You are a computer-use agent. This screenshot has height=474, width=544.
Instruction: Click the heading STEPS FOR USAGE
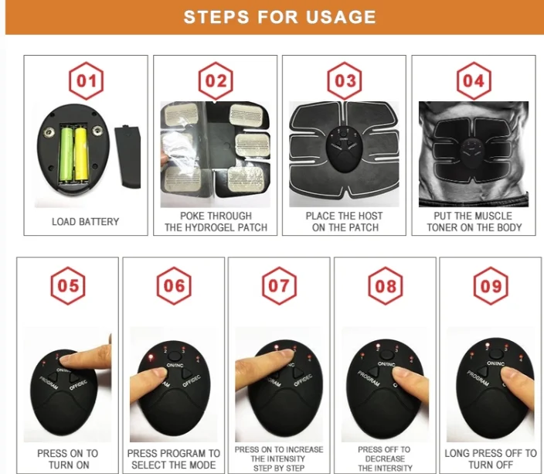[x=280, y=17]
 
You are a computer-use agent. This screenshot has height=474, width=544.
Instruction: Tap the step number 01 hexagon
[x=86, y=81]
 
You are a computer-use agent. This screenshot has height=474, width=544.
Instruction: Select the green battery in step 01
[x=66, y=155]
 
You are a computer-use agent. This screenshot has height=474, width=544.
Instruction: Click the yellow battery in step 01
[x=81, y=154]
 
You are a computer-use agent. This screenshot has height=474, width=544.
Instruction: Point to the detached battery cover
[x=128, y=157]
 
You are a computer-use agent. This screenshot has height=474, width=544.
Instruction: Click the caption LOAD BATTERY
[x=85, y=222]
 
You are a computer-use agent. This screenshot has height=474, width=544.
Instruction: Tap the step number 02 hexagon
[x=216, y=81]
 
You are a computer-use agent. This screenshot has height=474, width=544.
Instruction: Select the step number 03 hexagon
[x=345, y=81]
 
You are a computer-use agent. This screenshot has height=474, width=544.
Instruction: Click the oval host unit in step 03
[x=344, y=149]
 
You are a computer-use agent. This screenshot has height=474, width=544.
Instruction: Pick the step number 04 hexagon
[x=474, y=81]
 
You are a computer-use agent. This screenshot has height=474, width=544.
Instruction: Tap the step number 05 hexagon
[x=68, y=286]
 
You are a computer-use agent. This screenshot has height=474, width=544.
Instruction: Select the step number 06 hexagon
[x=174, y=286]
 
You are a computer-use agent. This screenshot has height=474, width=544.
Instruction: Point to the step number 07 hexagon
[x=279, y=286]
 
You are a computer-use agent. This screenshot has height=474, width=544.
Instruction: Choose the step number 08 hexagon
[x=386, y=286]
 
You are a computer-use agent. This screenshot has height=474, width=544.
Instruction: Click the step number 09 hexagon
[x=491, y=286]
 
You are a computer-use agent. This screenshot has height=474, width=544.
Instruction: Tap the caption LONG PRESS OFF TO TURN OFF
[x=491, y=459]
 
